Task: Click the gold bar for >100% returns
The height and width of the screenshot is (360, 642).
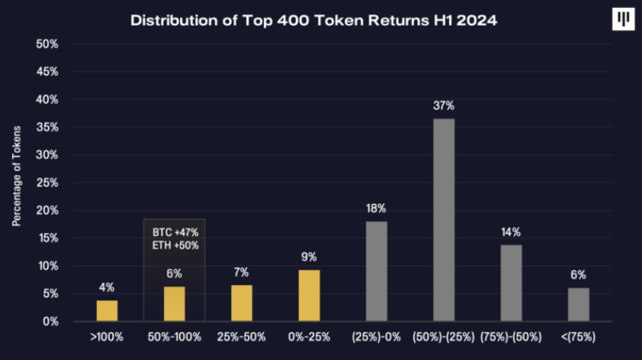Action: pos(107,311)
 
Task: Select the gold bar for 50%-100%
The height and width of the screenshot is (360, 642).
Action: pos(174,303)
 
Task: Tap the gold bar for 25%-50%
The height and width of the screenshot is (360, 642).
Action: pos(241,303)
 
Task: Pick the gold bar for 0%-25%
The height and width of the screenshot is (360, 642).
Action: pos(308,295)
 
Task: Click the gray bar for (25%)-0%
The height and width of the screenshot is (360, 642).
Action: pos(376,271)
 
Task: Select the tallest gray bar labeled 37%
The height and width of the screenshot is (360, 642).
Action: pos(443,220)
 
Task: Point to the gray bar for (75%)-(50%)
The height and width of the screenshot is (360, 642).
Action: pos(511,283)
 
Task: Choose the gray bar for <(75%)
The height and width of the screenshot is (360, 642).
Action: pos(578,304)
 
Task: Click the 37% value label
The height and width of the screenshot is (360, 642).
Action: pos(443,106)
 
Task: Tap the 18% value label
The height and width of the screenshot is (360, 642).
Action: pos(376,209)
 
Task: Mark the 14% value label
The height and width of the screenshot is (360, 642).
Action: pos(511,232)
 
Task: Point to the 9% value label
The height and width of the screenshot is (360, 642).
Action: pos(308,258)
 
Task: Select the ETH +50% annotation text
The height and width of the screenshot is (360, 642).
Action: pos(175,245)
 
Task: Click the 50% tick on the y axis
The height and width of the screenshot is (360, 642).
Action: pos(48,44)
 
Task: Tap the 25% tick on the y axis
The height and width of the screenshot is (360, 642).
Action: pos(48,182)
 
